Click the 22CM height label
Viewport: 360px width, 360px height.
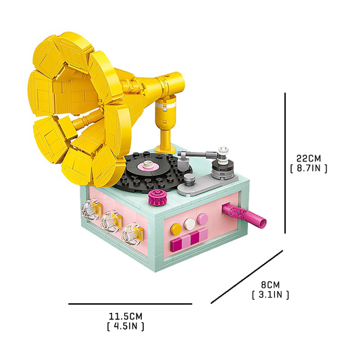point(309,158)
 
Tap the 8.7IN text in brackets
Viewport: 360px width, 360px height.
point(309,168)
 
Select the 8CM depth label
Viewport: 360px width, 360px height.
point(270,285)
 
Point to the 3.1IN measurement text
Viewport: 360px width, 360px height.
point(270,294)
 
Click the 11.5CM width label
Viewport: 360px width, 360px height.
point(126,316)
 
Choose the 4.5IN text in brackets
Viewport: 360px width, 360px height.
point(126,326)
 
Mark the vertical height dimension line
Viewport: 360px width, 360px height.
point(285,163)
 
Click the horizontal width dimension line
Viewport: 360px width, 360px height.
point(130,304)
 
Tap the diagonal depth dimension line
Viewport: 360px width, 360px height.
point(247,277)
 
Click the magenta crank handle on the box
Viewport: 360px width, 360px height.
point(245,214)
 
